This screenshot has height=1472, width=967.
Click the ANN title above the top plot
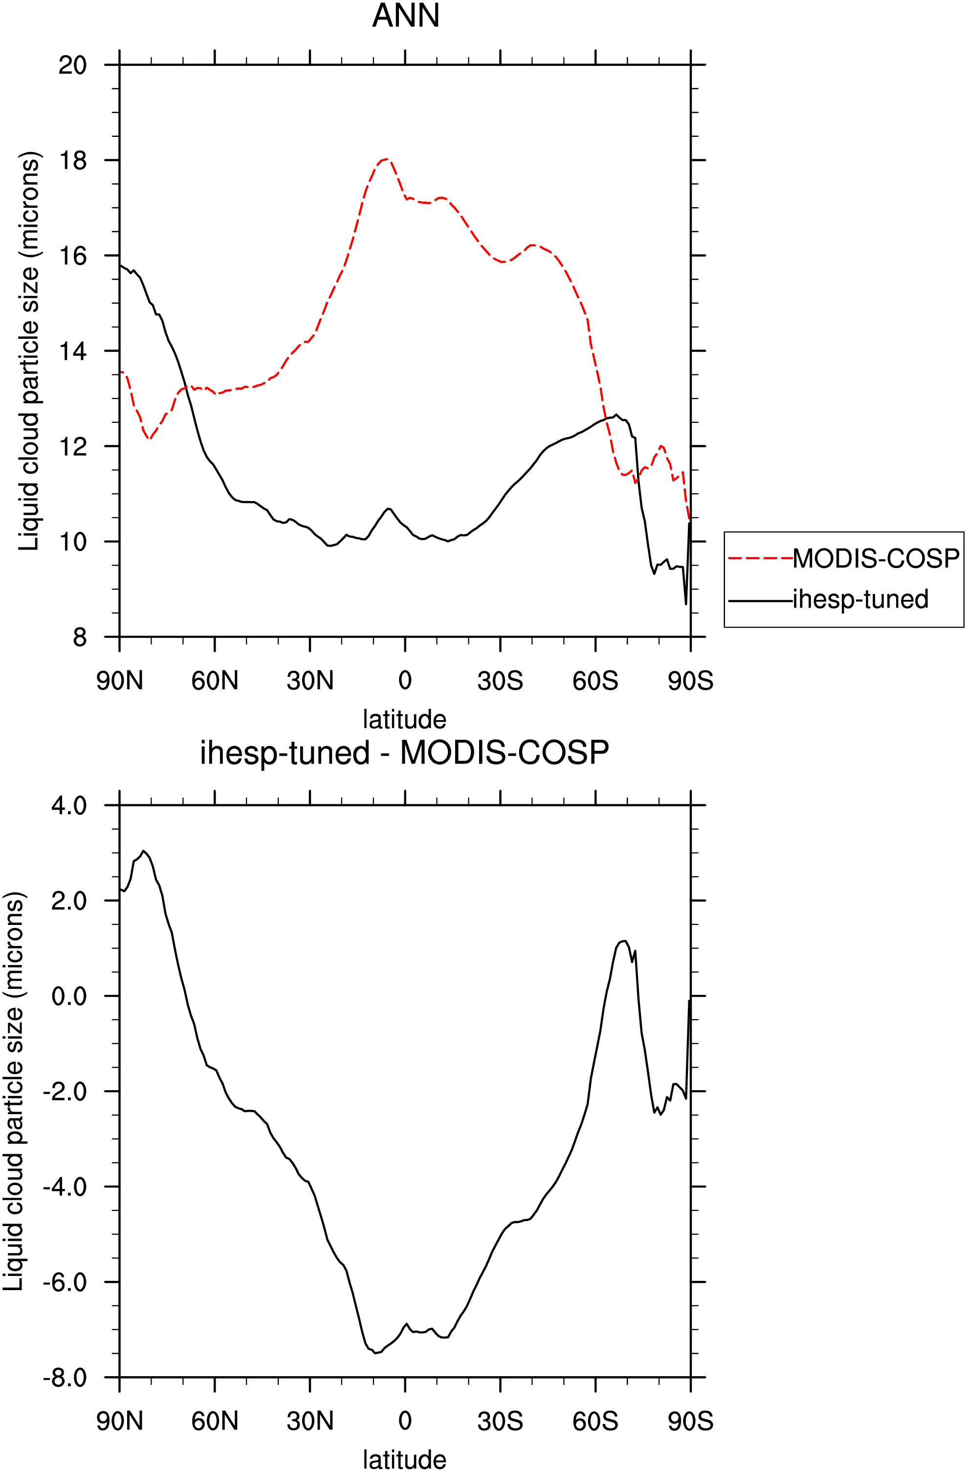coord(405,16)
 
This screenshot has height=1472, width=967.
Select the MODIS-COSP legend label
coord(876,558)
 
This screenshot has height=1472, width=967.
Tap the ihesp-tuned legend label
coord(860,599)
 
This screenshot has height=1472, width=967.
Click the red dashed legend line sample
coord(760,558)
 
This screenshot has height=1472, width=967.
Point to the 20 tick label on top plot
coord(72,65)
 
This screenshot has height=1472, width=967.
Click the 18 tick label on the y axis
coord(72,160)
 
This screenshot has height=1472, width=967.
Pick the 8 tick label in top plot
coord(80,637)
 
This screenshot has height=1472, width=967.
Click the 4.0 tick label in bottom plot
coord(69,805)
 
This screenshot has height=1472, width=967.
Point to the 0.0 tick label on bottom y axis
coord(69,996)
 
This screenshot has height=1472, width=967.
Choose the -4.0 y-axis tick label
coord(65,1187)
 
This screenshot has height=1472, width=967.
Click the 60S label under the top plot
coord(595,681)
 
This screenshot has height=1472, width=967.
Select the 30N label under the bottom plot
coord(310,1421)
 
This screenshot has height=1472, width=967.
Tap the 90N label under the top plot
coord(119,681)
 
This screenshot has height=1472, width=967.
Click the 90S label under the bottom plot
coord(690,1421)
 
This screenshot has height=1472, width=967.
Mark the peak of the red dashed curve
coord(386,159)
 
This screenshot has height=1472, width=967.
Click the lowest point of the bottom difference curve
coord(375,1353)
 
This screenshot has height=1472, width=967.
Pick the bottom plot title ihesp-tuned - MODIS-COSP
coord(405,753)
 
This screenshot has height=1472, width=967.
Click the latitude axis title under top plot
coord(405,719)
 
